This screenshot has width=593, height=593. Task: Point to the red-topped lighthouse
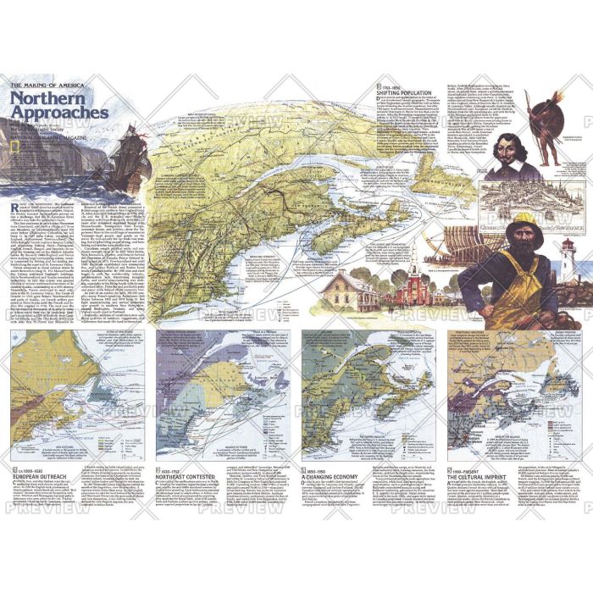567,258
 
